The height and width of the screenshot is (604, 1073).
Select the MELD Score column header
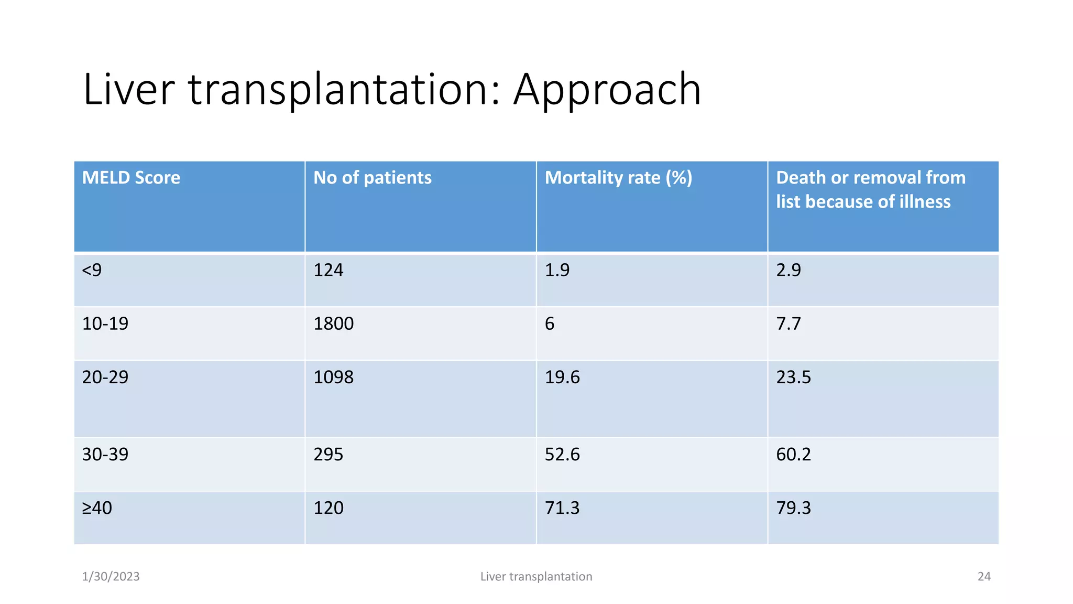pos(131,178)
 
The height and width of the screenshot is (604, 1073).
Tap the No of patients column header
pos(372,178)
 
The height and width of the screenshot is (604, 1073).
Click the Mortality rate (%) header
pos(618,178)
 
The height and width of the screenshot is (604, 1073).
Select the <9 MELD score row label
pos(92,270)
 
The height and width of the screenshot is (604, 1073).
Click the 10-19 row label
pos(105,323)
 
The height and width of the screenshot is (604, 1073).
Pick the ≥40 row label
pos(97,508)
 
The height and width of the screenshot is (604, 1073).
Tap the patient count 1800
pos(333,323)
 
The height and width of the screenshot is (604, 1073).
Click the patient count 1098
pos(333,377)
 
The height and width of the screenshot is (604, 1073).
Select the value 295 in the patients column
pos(328,454)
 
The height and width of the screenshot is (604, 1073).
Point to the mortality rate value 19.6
pos(562,377)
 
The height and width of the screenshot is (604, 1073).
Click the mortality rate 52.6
pos(562,454)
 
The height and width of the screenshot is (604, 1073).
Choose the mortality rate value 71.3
pos(562,508)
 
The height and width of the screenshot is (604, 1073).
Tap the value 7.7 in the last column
pos(788,323)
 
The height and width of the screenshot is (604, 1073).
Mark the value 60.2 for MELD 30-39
pos(793,454)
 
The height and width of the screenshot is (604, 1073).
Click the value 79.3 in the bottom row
pos(793,508)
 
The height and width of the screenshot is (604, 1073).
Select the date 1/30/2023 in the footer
pos(111,577)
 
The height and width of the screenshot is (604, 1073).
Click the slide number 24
pos(984,577)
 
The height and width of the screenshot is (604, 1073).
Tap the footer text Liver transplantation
pos(536,577)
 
